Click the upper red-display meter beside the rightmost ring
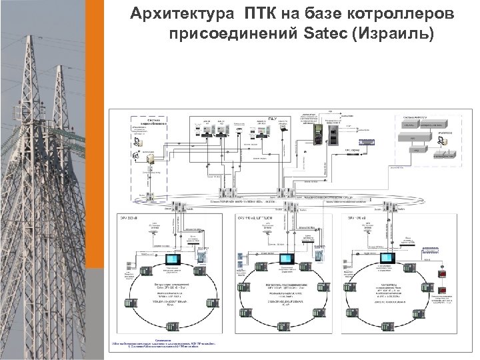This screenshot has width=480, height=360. click(440, 273)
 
